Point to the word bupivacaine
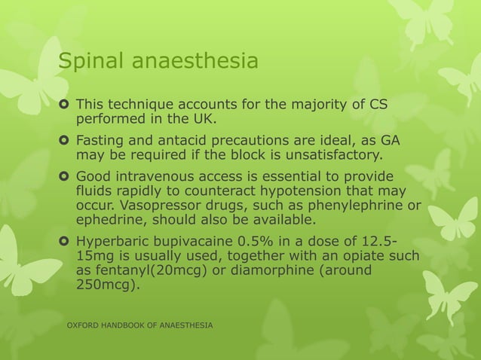click(x=191, y=243)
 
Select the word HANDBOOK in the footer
click(x=137, y=325)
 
